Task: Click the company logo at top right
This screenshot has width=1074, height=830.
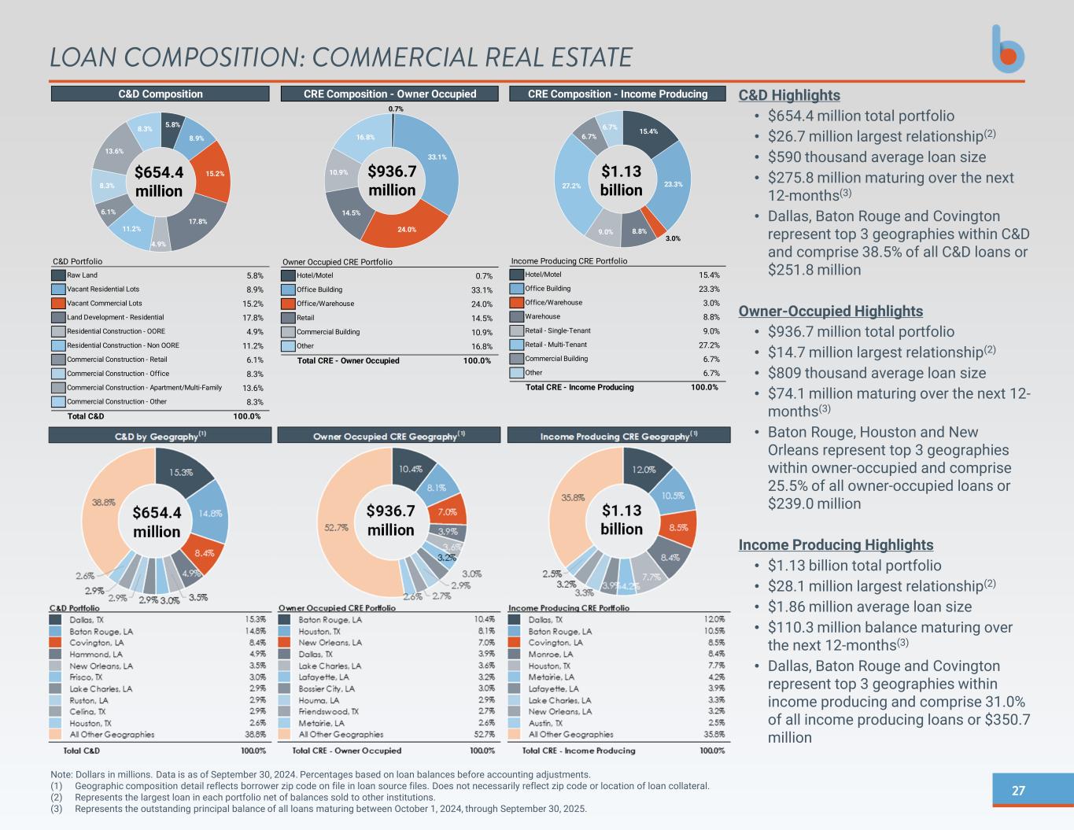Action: pyautogui.click(x=1007, y=50)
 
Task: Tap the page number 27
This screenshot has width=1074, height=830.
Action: pyautogui.click(x=1018, y=791)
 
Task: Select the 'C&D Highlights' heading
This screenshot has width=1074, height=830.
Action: pyautogui.click(x=789, y=95)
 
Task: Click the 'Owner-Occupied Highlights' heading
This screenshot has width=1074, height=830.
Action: pyautogui.click(x=830, y=311)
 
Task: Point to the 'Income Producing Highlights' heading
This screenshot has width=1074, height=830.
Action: pyautogui.click(x=836, y=544)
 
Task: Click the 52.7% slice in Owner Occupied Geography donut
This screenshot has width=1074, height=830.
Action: pyautogui.click(x=337, y=528)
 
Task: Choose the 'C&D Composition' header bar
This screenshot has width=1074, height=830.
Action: pyautogui.click(x=161, y=94)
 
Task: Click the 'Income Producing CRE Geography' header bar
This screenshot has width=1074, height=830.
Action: pyautogui.click(x=618, y=435)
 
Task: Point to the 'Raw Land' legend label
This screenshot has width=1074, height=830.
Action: pyautogui.click(x=83, y=275)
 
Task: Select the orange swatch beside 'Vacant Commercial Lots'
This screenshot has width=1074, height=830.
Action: pyautogui.click(x=58, y=304)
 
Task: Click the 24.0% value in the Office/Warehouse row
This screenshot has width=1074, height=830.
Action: pyautogui.click(x=482, y=304)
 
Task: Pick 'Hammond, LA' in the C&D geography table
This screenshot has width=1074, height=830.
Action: pyautogui.click(x=96, y=654)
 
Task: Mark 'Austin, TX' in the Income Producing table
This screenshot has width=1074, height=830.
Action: pyautogui.click(x=547, y=723)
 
